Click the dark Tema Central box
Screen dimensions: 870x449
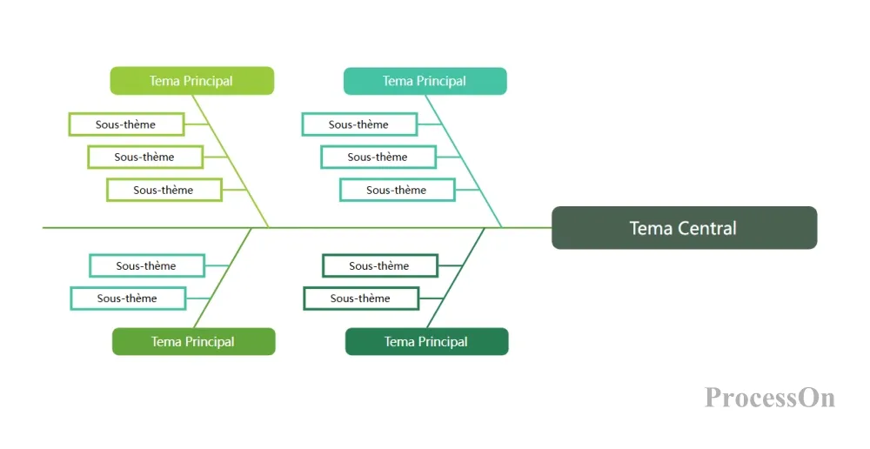pyautogui.click(x=684, y=228)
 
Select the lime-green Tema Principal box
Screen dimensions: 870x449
pyautogui.click(x=192, y=81)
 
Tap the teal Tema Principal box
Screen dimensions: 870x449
pyautogui.click(x=425, y=81)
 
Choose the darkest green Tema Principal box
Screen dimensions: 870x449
pyautogui.click(x=426, y=341)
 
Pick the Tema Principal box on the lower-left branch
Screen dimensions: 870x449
pyautogui.click(x=194, y=341)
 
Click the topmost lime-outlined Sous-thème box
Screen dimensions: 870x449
pyautogui.click(x=126, y=124)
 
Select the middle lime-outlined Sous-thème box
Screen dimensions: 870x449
pyautogui.click(x=145, y=157)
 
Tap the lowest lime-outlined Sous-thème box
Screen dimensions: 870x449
pyautogui.click(x=164, y=190)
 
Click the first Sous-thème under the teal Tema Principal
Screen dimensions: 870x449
pyautogui.click(x=359, y=124)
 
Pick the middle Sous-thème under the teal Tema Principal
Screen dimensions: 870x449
pyautogui.click(x=378, y=157)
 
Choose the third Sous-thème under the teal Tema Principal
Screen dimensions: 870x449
pyautogui.click(x=398, y=190)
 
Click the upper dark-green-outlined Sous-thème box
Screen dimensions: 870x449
pyautogui.click(x=380, y=266)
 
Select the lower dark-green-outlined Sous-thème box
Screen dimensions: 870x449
pyautogui.click(x=361, y=298)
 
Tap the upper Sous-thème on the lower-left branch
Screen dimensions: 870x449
pyautogui.click(x=147, y=266)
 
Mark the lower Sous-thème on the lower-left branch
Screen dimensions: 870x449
pyautogui.click(x=128, y=298)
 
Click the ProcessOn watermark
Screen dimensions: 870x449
pyautogui.click(x=770, y=398)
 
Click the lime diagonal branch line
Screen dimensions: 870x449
pyautogui.click(x=231, y=161)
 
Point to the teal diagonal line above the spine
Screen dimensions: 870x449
pyautogui.click(x=464, y=161)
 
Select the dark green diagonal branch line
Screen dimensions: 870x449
pyautogui.click(x=456, y=278)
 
